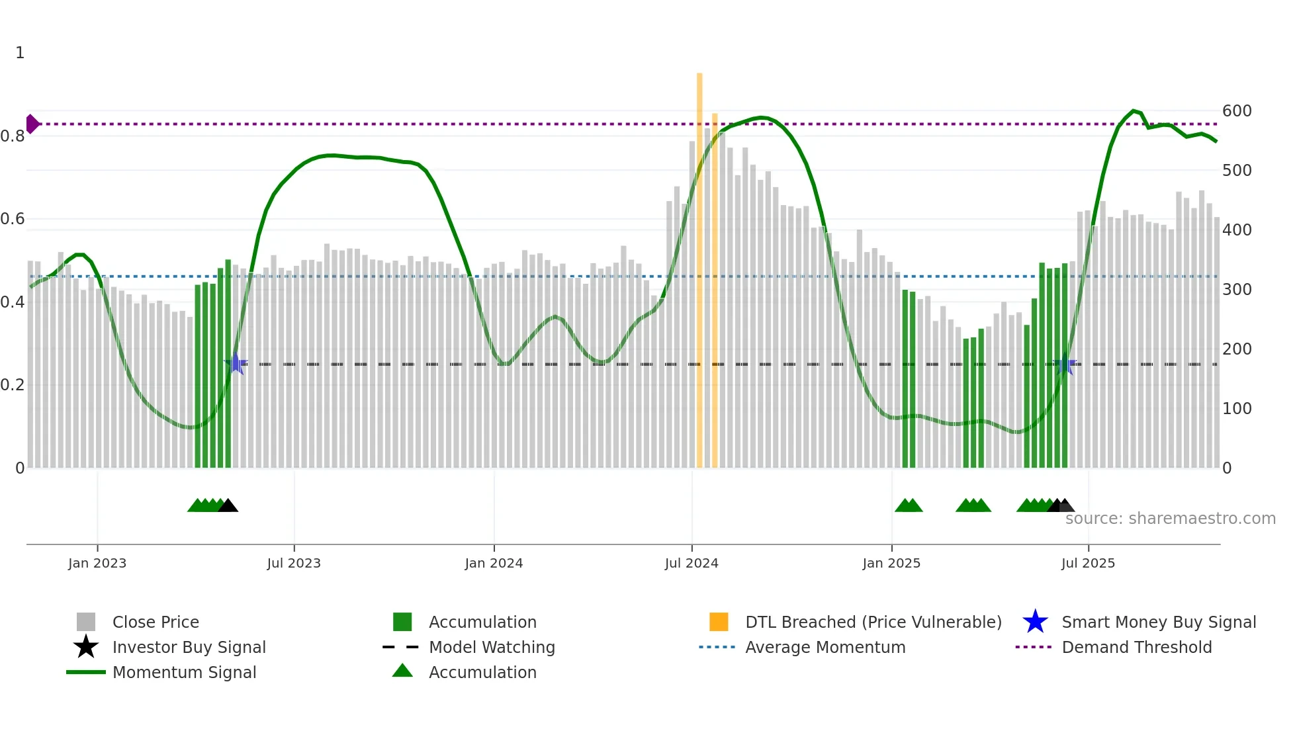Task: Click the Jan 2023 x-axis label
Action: click(x=97, y=563)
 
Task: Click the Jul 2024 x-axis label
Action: click(x=692, y=563)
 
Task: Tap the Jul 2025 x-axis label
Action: click(x=1088, y=563)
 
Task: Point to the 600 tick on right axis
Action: click(x=1237, y=111)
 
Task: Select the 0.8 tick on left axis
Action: click(x=13, y=136)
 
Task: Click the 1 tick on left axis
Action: click(x=20, y=53)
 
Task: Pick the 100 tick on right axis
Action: click(x=1237, y=409)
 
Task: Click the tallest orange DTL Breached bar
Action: click(x=699, y=265)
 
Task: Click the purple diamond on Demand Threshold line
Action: click(x=32, y=124)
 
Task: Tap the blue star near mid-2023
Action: click(x=236, y=363)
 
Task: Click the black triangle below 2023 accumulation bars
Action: click(x=228, y=506)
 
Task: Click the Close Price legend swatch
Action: click(x=86, y=622)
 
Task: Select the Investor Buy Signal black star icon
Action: click(x=86, y=647)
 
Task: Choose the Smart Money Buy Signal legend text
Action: click(x=1158, y=622)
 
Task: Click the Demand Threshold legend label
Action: click(x=1136, y=647)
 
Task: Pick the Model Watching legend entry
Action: click(x=491, y=647)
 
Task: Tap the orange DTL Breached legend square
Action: click(x=719, y=622)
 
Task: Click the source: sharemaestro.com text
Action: click(x=1170, y=519)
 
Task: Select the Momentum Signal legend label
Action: click(x=184, y=672)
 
